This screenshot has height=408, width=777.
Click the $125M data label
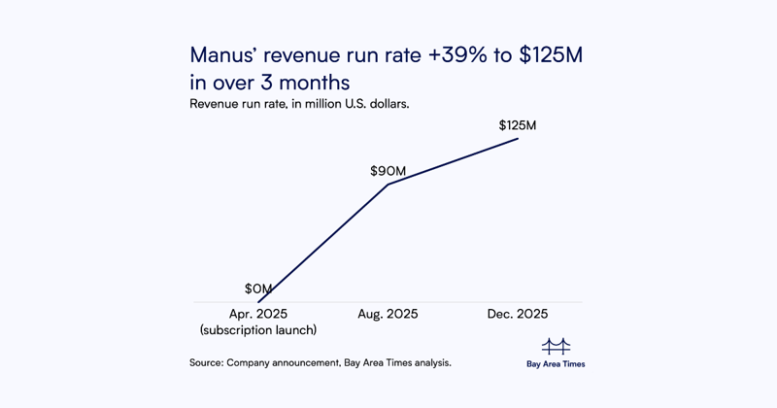click(x=518, y=125)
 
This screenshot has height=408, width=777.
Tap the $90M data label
click(x=388, y=171)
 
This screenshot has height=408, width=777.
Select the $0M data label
click(x=258, y=289)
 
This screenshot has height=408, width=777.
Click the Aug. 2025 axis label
click(x=388, y=314)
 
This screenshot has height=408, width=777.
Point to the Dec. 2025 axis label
click(x=518, y=314)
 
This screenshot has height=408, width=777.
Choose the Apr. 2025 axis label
click(x=258, y=314)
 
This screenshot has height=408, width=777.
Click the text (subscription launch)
click(x=258, y=330)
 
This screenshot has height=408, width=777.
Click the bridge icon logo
click(x=556, y=346)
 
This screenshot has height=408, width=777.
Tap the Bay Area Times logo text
click(x=556, y=364)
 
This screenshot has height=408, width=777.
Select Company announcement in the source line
click(x=283, y=362)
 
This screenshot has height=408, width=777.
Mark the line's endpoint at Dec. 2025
click(x=518, y=138)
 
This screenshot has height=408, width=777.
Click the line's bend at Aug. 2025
click(x=388, y=184)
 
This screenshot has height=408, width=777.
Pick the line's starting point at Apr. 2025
click(x=258, y=302)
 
